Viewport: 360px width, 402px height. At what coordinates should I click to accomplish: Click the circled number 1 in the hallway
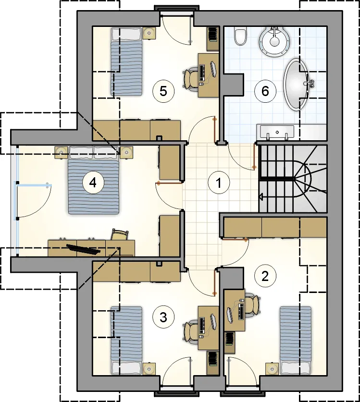(218, 183)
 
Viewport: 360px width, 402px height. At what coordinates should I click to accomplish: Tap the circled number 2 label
(265, 276)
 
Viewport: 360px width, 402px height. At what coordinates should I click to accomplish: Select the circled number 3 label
(163, 317)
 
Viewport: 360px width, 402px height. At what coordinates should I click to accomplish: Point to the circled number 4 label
(93, 183)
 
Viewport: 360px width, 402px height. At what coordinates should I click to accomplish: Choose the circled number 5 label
(163, 91)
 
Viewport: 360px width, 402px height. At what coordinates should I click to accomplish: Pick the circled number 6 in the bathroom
(265, 91)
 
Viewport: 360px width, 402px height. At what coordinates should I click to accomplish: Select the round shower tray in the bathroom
(274, 41)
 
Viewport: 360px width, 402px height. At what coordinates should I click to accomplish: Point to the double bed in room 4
(94, 180)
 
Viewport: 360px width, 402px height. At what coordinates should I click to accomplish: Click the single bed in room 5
(126, 61)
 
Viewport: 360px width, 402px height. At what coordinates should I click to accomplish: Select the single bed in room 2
(295, 340)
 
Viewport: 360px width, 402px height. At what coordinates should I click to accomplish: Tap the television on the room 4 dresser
(83, 249)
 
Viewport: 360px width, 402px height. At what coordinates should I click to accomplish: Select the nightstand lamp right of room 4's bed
(126, 153)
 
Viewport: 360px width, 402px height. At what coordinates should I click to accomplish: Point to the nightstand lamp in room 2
(272, 369)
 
